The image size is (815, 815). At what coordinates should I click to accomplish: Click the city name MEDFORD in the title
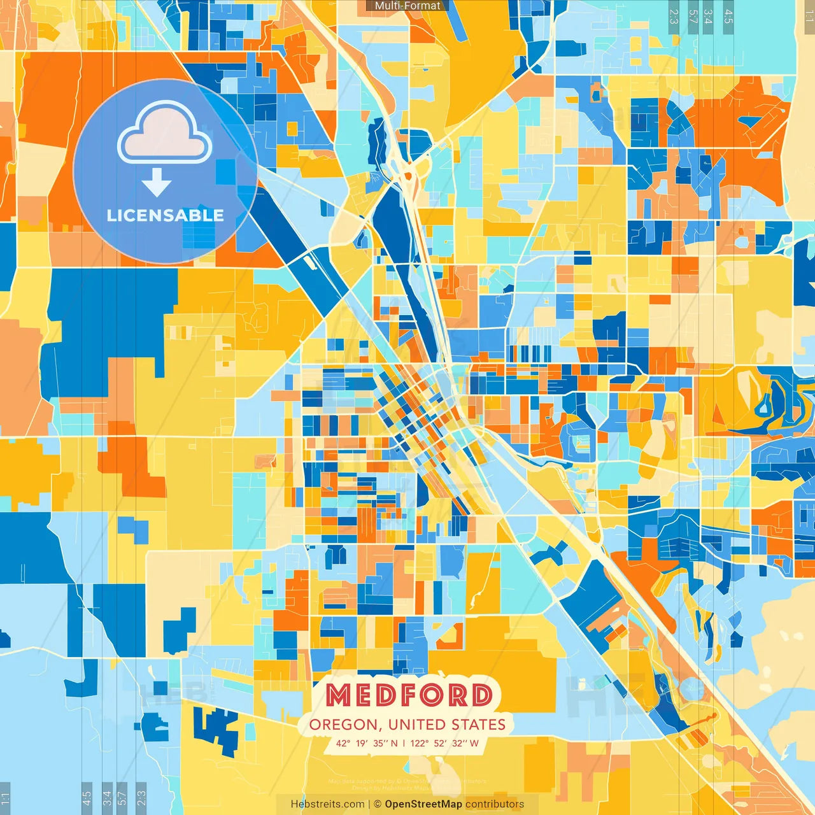click(x=409, y=695)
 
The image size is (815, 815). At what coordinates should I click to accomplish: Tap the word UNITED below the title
click(x=418, y=725)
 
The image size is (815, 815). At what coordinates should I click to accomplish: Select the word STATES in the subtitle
click(x=479, y=725)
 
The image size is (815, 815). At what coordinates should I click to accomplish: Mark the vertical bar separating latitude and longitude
click(x=404, y=743)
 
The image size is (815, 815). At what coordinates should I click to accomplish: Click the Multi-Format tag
click(x=407, y=6)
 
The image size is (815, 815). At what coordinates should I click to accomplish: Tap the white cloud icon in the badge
click(x=165, y=135)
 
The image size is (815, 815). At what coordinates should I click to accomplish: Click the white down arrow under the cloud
click(x=157, y=183)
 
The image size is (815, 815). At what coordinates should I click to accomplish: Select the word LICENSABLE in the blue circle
click(x=165, y=215)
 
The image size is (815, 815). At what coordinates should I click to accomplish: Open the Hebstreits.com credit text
click(x=328, y=804)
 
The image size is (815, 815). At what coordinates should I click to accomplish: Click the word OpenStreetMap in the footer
click(x=423, y=804)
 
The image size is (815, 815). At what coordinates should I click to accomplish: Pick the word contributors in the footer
click(x=495, y=804)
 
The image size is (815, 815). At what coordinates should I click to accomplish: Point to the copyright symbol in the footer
click(x=378, y=804)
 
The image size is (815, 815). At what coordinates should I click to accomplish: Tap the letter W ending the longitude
click(x=474, y=743)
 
